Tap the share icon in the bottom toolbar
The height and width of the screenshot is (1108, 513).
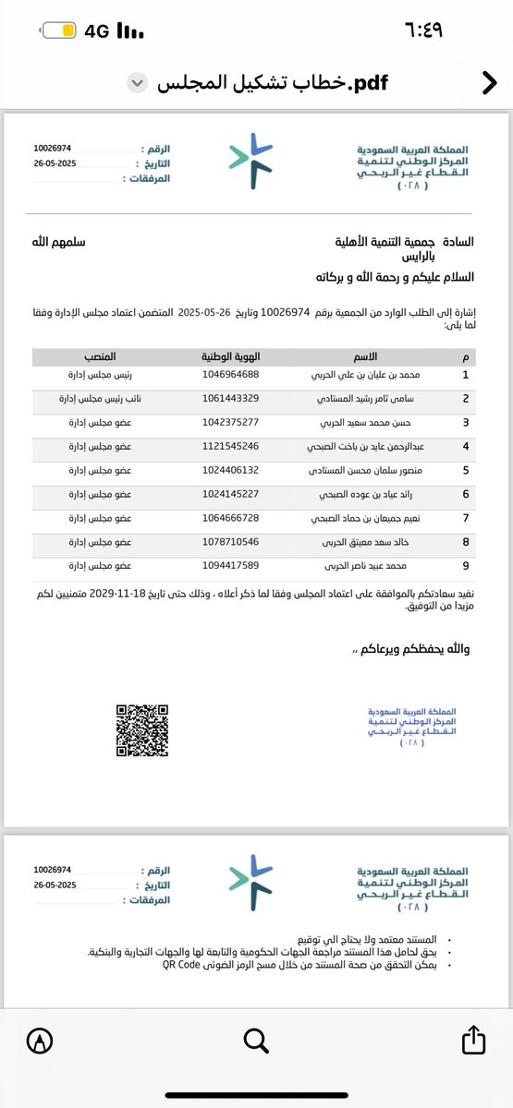coord(472,1041)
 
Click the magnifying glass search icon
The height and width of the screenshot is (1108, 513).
coord(256,1041)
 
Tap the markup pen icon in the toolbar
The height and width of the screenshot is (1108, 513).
coord(40,1041)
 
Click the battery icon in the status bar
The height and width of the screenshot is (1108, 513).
coord(55,30)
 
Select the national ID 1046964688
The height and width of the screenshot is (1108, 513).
coord(230,375)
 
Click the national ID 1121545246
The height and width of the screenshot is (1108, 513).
coord(230,446)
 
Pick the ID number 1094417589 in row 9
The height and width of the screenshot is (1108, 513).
coord(230,564)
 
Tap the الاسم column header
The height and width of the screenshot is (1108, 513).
coord(366,356)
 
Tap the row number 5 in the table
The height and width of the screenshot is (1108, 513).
coord(466,470)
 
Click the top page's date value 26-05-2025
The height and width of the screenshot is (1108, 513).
coord(55,163)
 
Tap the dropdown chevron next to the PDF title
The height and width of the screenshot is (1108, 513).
coord(137,83)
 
